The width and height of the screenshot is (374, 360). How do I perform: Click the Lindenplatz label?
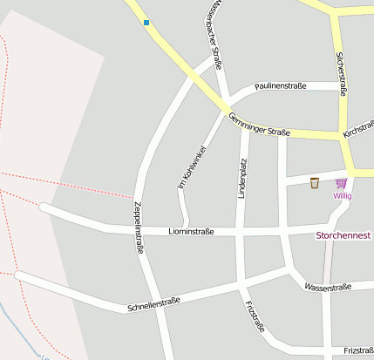(x=243, y=178)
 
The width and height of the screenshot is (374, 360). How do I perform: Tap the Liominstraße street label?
(x=191, y=232)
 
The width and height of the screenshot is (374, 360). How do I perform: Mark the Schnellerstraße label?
(x=153, y=304)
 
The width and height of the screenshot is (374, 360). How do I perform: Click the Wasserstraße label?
(x=327, y=287)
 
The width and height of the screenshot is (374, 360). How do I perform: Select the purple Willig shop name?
(x=342, y=195)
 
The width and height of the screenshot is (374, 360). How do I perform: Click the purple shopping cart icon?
(x=341, y=182)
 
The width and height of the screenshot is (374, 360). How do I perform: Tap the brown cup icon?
(x=315, y=182)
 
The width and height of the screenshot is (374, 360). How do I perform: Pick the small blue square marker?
(x=146, y=23)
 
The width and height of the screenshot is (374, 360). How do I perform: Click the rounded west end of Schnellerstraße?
(x=19, y=276)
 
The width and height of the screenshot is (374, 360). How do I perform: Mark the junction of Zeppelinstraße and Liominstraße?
(x=140, y=230)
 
